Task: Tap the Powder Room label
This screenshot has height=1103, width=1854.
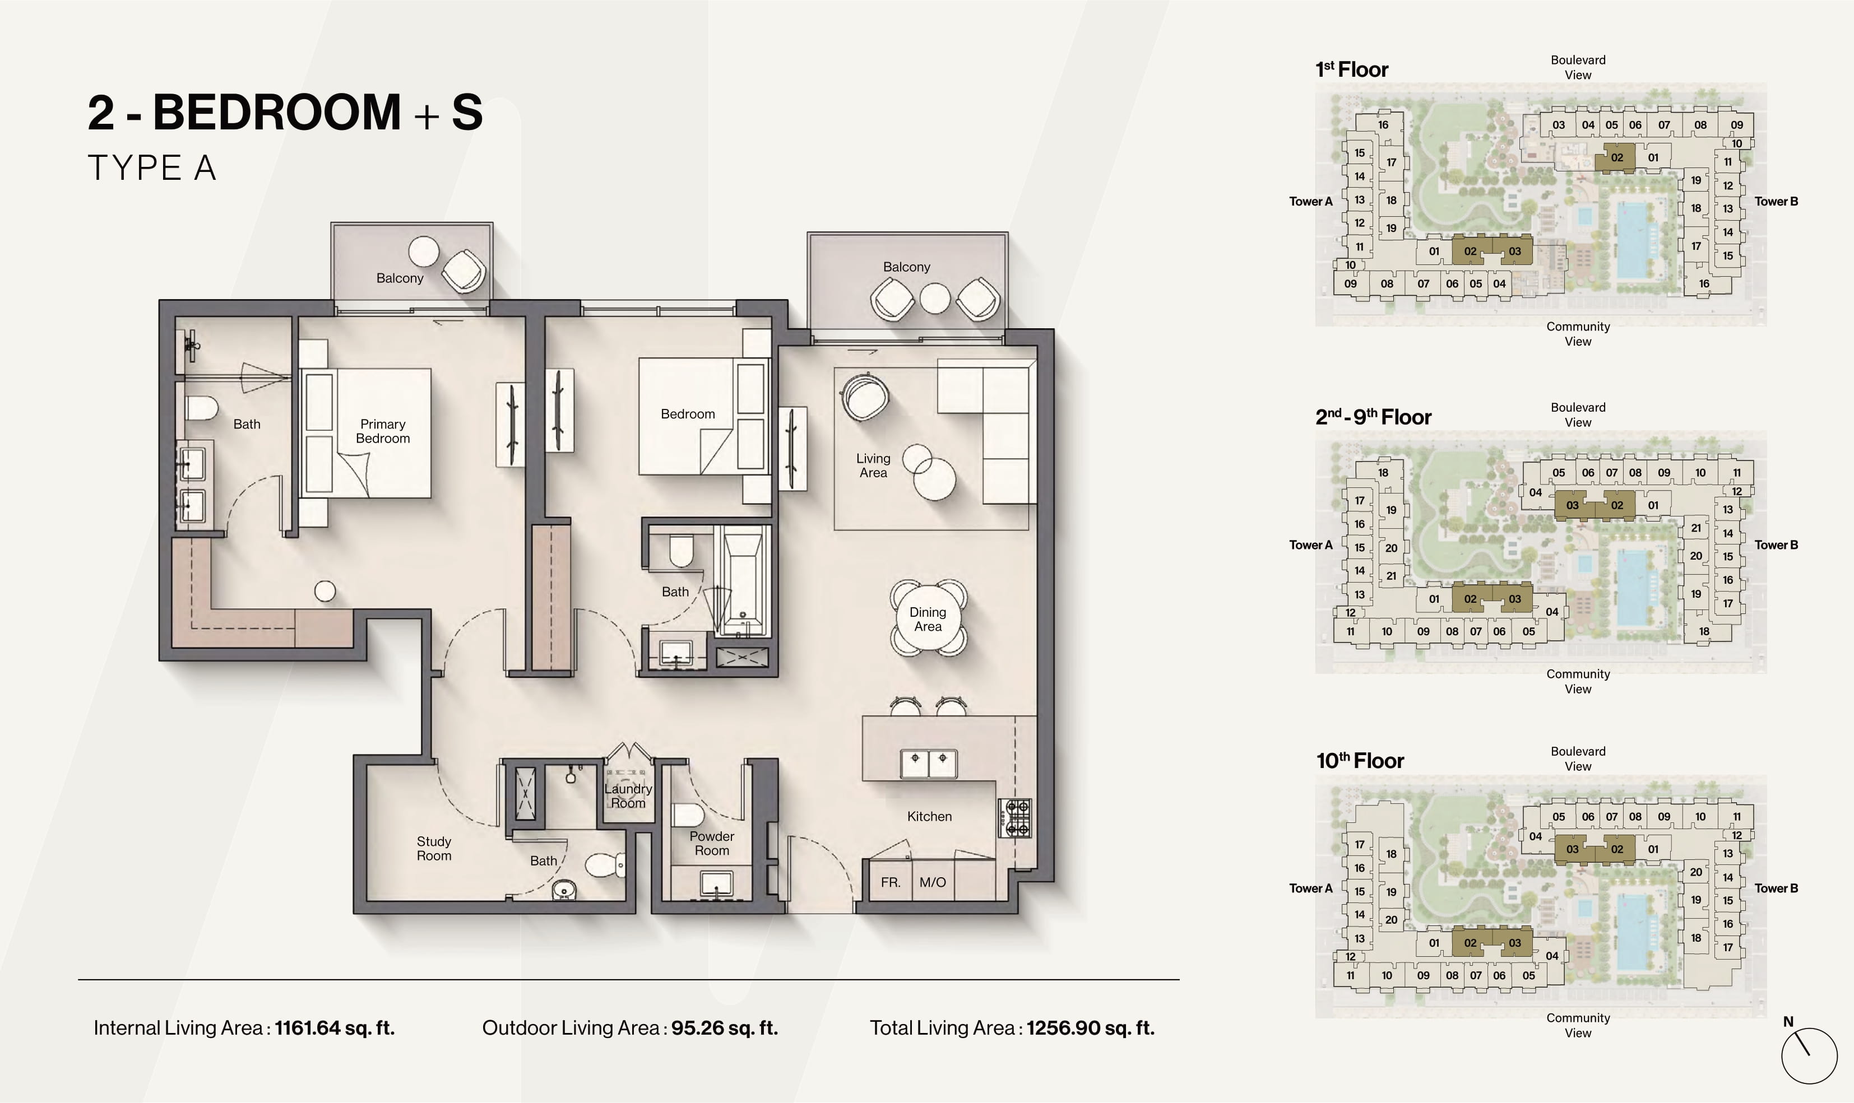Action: (711, 843)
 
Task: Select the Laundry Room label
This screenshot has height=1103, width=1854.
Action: (628, 795)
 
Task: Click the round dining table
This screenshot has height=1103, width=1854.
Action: (928, 618)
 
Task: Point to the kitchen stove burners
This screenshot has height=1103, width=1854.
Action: (1015, 818)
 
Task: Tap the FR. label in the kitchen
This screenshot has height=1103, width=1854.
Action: (891, 882)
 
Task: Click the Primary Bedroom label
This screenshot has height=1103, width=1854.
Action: (383, 431)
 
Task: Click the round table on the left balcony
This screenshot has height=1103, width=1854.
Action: (424, 251)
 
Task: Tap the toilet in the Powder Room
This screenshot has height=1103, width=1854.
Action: (688, 816)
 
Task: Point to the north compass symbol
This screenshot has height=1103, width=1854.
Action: (1809, 1055)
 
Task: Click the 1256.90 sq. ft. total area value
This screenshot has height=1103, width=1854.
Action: (1091, 1028)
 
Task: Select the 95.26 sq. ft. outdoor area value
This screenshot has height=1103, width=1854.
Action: (725, 1028)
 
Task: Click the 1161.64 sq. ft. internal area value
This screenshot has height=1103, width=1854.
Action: (335, 1028)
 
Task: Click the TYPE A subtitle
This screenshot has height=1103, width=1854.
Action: (152, 168)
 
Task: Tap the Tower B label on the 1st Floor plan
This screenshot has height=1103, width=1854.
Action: (1776, 202)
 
